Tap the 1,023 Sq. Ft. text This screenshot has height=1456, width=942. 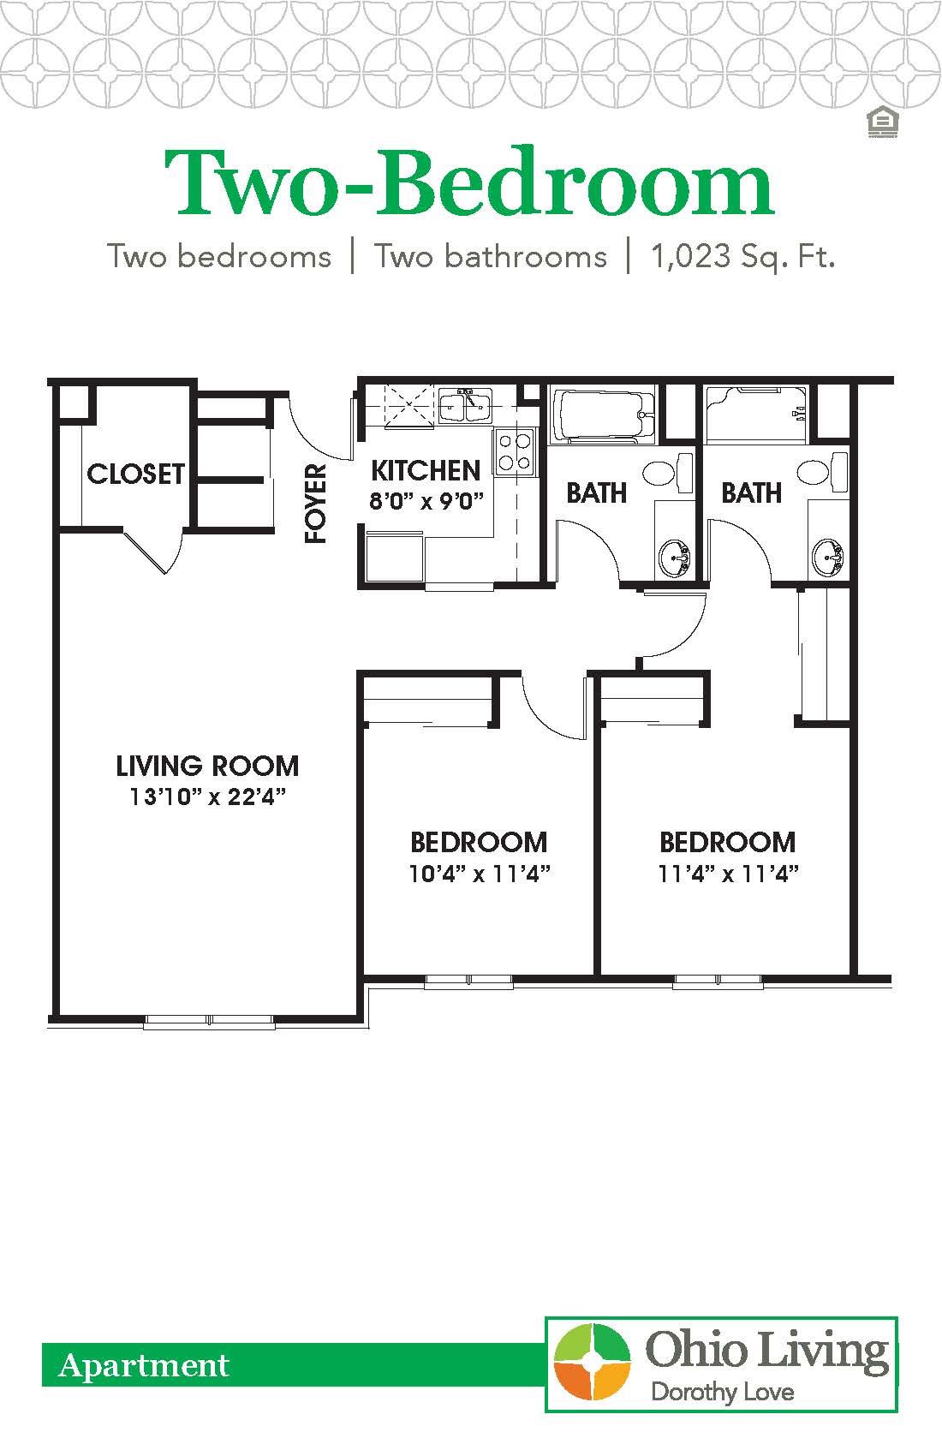click(x=742, y=256)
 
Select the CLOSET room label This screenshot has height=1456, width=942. click(x=135, y=474)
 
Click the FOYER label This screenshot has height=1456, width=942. click(x=317, y=504)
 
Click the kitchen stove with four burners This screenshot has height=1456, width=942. click(x=514, y=451)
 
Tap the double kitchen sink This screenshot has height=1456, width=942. click(x=466, y=406)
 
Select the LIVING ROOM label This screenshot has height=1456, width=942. click(x=207, y=765)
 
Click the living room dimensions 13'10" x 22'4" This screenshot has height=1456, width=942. click(x=207, y=797)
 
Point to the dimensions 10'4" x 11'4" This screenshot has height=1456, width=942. click(x=479, y=874)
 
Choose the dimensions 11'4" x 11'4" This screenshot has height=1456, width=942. click(x=728, y=874)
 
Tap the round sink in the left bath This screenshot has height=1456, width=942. click(x=676, y=558)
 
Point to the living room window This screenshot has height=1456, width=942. click(x=211, y=1020)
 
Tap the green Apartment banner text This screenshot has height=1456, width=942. click(x=144, y=1365)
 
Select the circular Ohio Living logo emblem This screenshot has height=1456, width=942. click(x=592, y=1362)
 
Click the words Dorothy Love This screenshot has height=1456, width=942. click(x=722, y=1392)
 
